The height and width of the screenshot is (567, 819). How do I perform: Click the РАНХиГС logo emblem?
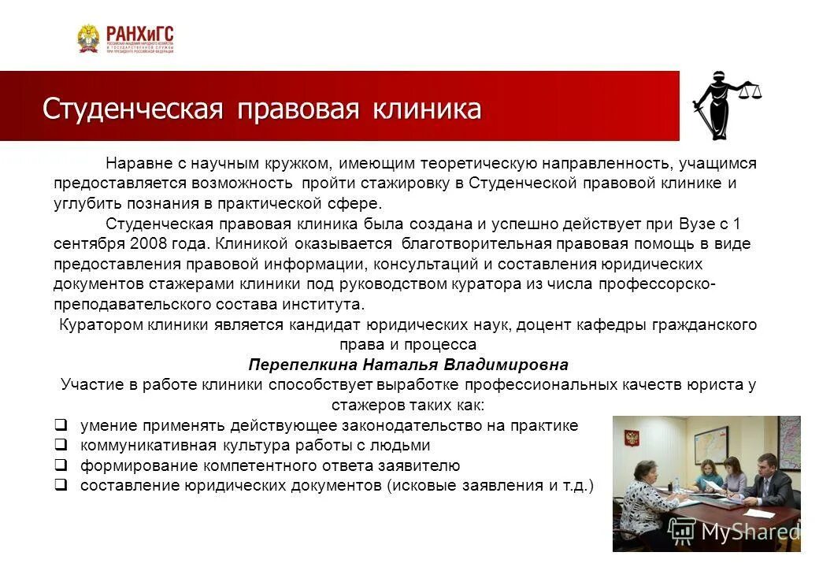88,39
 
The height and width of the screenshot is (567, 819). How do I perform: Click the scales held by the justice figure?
749,91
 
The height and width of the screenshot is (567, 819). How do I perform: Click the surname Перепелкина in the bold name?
304,365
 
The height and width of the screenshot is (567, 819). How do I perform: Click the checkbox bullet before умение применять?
60,425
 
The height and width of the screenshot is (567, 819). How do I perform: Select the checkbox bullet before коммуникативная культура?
60,445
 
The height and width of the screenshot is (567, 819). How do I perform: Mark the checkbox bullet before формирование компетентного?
60,465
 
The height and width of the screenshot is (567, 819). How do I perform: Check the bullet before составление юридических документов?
60,484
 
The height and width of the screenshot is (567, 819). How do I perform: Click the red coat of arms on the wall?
630,438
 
